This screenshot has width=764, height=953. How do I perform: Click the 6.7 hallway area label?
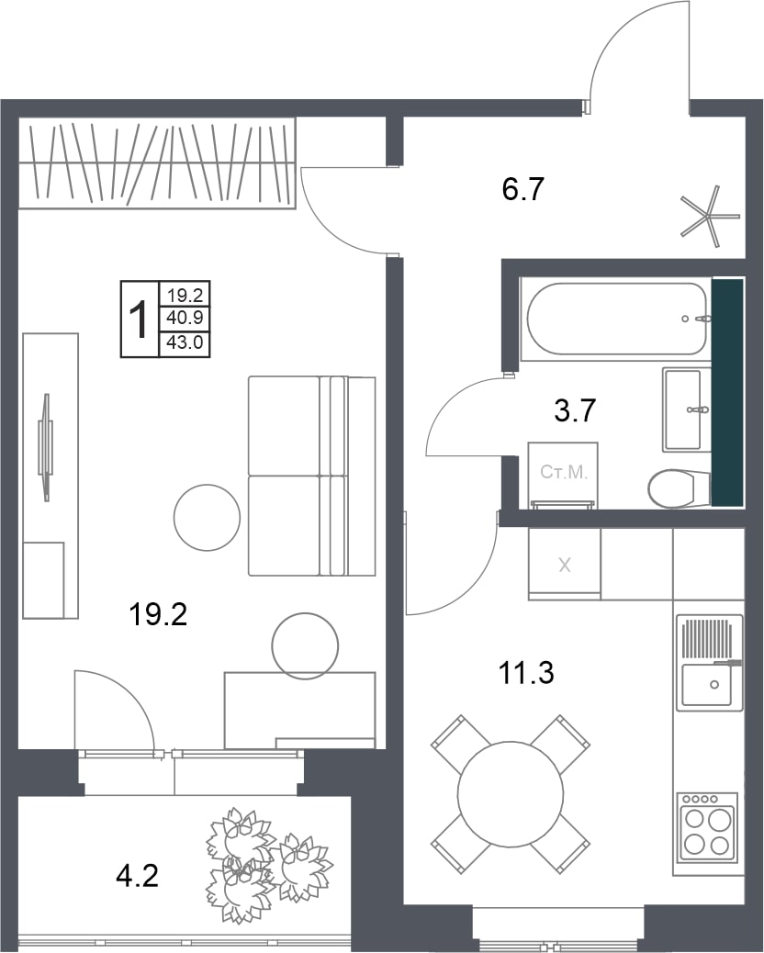pos(522,190)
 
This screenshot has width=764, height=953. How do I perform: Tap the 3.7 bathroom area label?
pos(574,411)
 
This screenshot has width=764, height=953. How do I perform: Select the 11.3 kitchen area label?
pos(526,673)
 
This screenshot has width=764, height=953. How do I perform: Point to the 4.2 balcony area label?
pos(138,877)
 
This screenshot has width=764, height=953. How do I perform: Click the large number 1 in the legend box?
pos(140,320)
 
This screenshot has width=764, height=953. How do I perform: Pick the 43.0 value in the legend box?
pos(185,343)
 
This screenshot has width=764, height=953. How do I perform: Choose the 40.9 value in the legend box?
pos(185,318)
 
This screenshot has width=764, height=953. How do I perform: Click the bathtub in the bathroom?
pos(615,320)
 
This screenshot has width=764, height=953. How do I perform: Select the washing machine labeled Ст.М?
pos(563,475)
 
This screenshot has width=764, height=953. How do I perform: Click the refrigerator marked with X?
pos(565,565)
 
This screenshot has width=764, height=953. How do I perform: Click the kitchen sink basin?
pos(708,685)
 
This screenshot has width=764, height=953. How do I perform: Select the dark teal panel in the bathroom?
pos(727,393)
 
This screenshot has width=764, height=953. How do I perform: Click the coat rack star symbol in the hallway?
pos(709,216)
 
